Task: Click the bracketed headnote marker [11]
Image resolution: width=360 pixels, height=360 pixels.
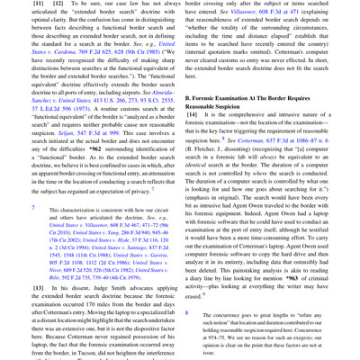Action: tap(14, 4)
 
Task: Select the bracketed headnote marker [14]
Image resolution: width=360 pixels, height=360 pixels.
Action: tap(193, 92)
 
